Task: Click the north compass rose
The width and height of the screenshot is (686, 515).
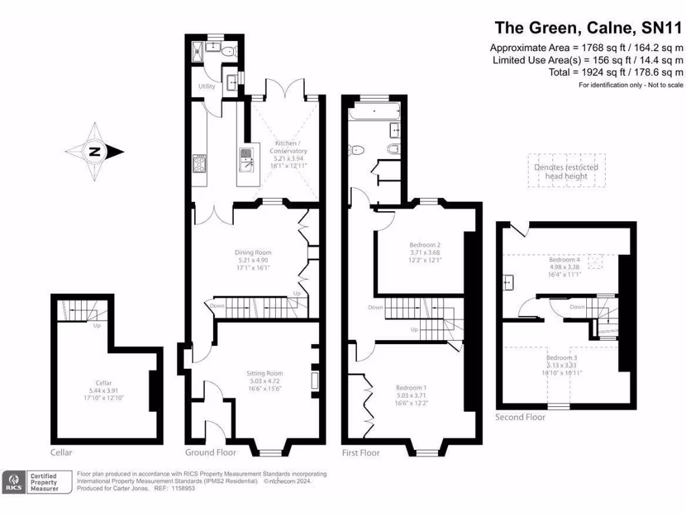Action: [x=96, y=152]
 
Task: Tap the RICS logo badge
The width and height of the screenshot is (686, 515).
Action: [x=13, y=482]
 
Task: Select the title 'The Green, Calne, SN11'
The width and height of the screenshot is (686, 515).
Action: [x=589, y=28]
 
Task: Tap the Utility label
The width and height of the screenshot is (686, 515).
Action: [x=206, y=87]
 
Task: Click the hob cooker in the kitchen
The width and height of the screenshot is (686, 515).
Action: [x=200, y=163]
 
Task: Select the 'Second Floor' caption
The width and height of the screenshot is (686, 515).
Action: [x=520, y=417]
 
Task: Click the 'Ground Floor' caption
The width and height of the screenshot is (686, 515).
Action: [x=208, y=453]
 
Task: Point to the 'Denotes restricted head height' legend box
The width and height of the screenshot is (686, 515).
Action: [x=566, y=172]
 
